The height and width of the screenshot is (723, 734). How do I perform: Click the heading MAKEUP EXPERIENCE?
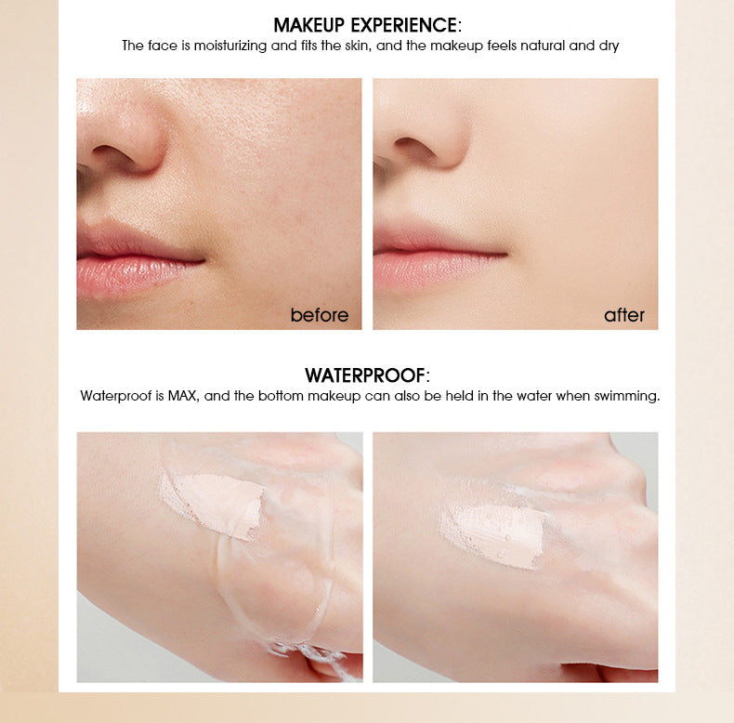[366, 25]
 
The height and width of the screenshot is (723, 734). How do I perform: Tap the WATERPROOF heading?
[366, 375]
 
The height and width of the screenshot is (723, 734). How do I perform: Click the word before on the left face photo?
[319, 315]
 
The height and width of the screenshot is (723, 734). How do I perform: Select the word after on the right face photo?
[623, 315]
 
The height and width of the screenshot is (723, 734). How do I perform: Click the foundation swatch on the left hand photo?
[212, 503]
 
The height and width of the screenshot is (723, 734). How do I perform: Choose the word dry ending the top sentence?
[609, 46]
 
